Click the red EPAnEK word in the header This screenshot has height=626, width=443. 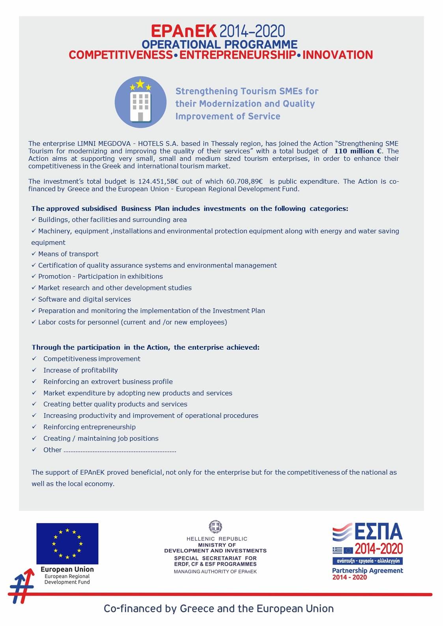184,31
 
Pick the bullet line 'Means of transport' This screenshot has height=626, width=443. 68,254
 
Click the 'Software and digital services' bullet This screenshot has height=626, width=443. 84,299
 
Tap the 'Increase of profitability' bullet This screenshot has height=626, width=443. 80,370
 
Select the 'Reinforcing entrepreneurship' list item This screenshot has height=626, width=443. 89,427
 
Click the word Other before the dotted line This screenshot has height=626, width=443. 52,450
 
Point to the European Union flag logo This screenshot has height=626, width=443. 67,544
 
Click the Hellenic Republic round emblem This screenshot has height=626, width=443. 215,527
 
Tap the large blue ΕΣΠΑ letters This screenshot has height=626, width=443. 378,532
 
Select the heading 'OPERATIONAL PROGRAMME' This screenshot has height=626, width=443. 219,44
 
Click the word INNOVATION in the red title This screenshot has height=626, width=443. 337,55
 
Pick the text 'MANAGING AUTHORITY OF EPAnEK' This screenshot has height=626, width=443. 215,572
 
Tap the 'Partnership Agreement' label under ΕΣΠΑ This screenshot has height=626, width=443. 367,570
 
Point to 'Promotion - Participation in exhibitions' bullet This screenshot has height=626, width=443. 100,276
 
